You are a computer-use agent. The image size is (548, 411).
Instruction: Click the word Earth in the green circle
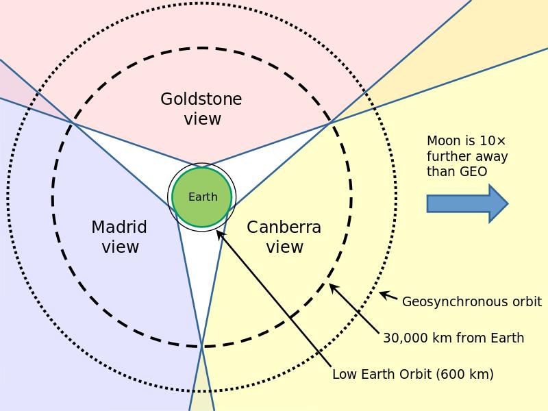(203, 197)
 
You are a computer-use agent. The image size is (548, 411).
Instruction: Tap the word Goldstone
(201, 99)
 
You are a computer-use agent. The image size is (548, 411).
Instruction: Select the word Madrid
(119, 227)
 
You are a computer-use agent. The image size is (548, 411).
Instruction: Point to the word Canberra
(284, 227)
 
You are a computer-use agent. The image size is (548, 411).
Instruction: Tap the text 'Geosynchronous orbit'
(471, 301)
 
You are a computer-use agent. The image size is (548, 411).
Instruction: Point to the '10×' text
(493, 141)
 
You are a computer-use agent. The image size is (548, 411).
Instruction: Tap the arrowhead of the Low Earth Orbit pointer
(219, 233)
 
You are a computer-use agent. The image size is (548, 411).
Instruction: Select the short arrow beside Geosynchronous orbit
(388, 296)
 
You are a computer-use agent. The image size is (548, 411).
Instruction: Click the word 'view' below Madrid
(121, 247)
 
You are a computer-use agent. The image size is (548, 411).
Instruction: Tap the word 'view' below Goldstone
(202, 119)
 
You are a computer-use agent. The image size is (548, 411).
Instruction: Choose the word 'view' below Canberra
(284, 247)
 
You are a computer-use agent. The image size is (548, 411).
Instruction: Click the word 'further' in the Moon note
(449, 156)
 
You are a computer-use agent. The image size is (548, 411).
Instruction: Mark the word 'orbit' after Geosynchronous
(524, 301)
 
